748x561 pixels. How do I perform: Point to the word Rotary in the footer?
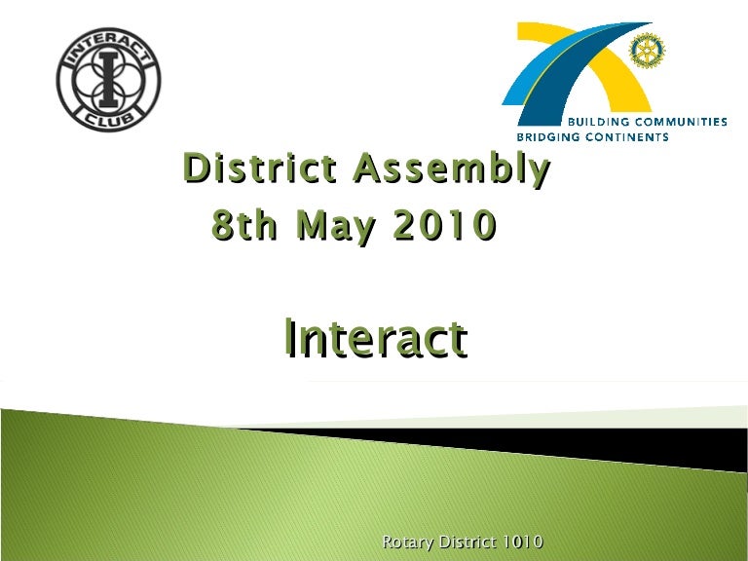407,542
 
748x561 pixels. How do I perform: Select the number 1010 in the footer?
521,542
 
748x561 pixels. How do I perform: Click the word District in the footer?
465,542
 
